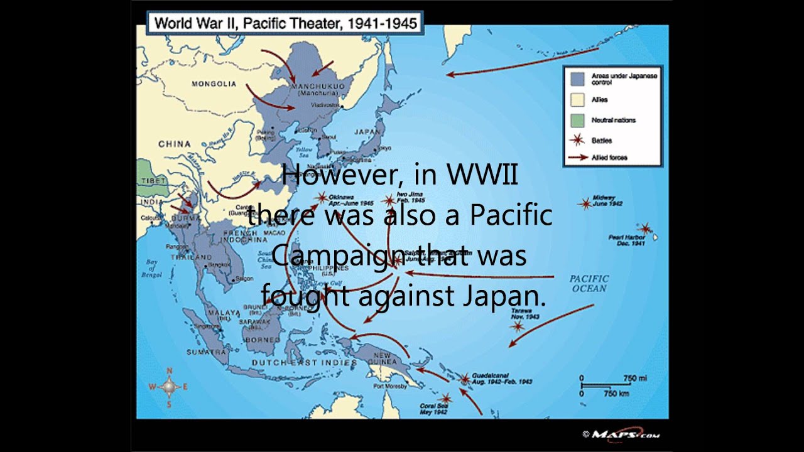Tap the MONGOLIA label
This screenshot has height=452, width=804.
[x=214, y=83]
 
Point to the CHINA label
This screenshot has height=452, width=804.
[x=174, y=144]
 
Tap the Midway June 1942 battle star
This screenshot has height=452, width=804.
[x=585, y=203]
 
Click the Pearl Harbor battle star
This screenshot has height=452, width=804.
[x=644, y=229]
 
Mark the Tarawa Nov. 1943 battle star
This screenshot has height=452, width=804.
[x=518, y=326]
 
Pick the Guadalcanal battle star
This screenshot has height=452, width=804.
[x=464, y=379]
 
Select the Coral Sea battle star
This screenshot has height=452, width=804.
[x=445, y=398]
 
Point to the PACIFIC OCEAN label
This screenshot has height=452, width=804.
[x=589, y=283]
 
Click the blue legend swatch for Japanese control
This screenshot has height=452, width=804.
[x=577, y=78]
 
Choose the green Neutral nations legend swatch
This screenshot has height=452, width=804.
[x=577, y=120]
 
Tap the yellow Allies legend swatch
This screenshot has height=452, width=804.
[x=577, y=99]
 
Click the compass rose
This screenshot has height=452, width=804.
[x=168, y=387]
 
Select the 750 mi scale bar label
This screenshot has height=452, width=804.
[x=634, y=378]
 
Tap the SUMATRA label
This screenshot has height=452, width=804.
[x=205, y=352]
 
